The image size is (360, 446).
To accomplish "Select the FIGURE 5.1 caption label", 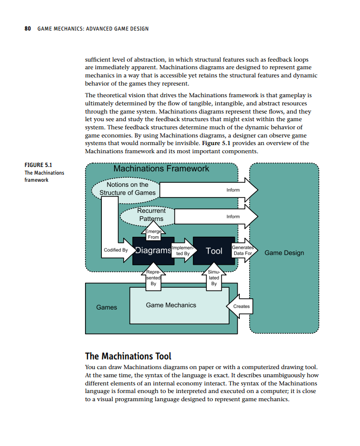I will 38,165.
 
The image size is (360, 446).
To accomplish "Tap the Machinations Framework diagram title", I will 161,169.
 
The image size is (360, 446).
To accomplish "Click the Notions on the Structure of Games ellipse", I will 127,188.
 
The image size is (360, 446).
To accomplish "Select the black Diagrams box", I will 153,250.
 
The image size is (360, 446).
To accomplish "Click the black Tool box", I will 214,250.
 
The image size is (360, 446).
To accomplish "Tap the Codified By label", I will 116,250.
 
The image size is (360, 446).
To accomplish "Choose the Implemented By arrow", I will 182,249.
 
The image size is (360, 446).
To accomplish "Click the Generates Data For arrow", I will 243,250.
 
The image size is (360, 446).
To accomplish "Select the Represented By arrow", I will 153,278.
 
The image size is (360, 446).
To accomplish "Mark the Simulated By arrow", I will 213,278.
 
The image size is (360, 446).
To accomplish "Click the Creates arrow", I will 240,306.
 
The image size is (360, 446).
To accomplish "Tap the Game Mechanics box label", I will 171,305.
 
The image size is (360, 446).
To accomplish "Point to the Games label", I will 106,307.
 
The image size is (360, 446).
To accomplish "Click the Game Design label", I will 284,253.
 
